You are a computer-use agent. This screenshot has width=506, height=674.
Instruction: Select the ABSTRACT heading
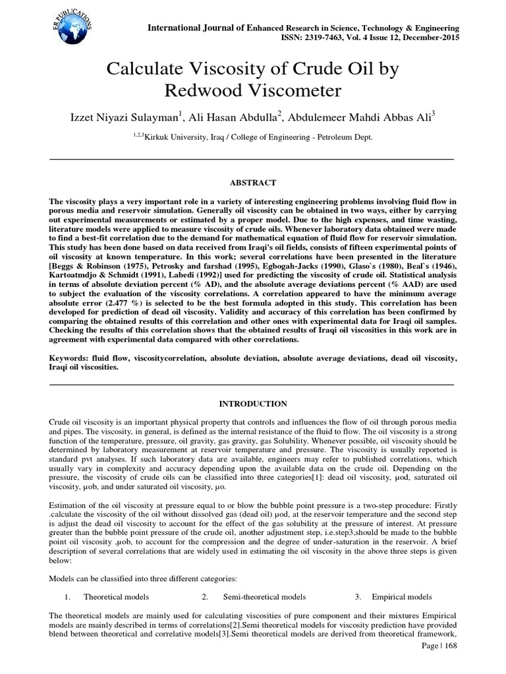(x=253, y=182)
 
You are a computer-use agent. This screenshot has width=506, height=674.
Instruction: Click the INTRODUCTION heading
(x=253, y=403)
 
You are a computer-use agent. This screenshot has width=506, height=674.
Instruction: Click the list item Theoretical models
(x=116, y=597)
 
